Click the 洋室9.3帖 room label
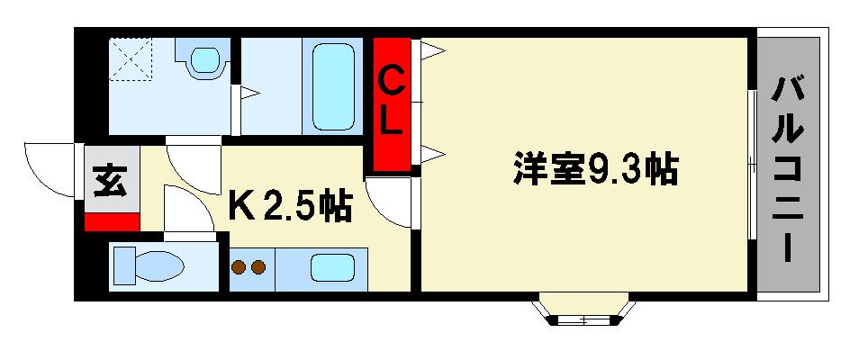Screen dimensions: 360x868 [595, 169]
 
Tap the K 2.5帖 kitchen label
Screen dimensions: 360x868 [288, 208]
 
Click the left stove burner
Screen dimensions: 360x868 [240, 266]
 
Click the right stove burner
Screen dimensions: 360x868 [258, 266]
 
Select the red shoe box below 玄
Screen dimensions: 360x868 [112, 221]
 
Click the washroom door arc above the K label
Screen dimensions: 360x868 [192, 163]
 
